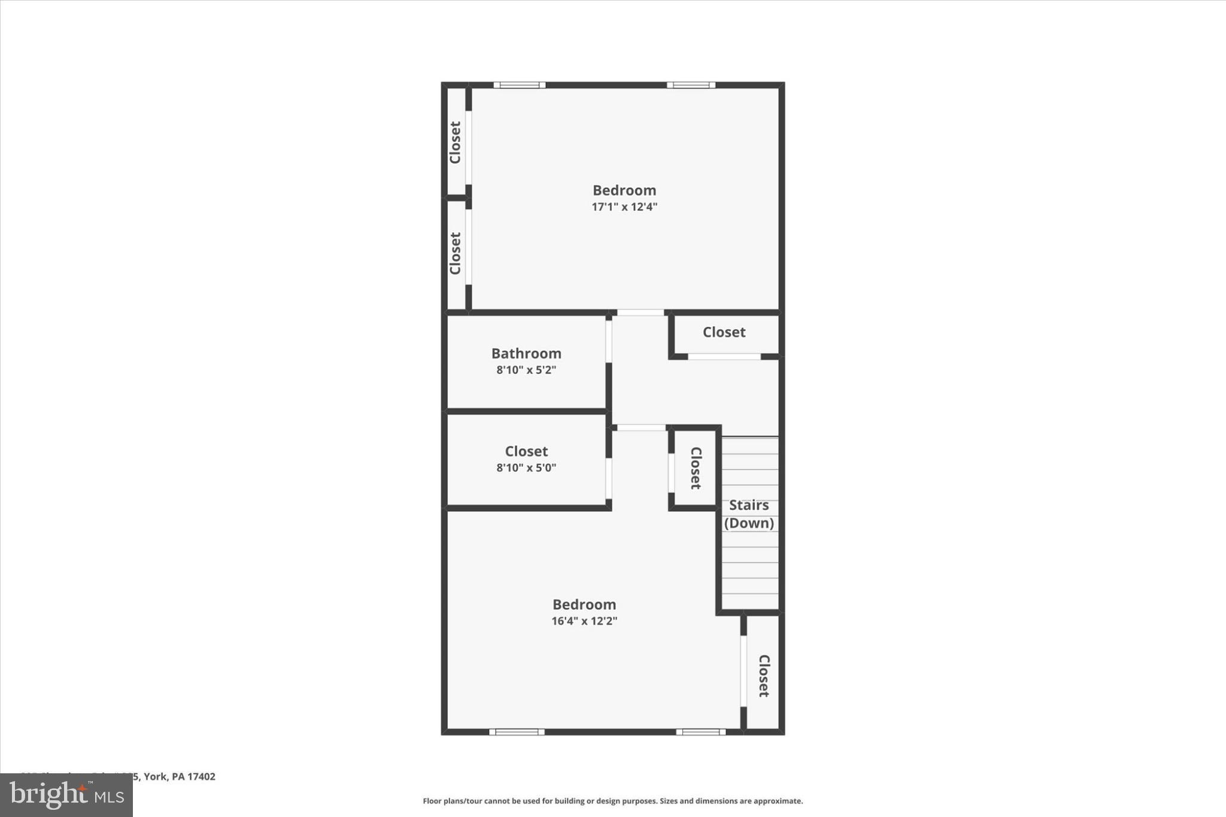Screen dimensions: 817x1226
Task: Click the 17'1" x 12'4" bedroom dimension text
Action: pyautogui.click(x=624, y=207)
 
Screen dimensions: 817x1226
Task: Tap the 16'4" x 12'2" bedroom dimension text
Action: pyautogui.click(x=584, y=621)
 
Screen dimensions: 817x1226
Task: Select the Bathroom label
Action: pyautogui.click(x=526, y=354)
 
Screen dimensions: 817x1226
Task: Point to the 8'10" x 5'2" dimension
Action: pyautogui.click(x=526, y=370)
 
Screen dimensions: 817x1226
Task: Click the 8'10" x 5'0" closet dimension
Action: pyautogui.click(x=526, y=468)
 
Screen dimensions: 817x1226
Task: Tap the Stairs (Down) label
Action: pyautogui.click(x=749, y=514)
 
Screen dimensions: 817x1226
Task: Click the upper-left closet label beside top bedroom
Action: pyautogui.click(x=455, y=142)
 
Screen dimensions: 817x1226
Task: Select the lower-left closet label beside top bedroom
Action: pyautogui.click(x=455, y=253)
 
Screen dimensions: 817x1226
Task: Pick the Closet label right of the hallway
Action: pyautogui.click(x=724, y=332)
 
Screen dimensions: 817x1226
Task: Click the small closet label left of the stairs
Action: pyautogui.click(x=696, y=468)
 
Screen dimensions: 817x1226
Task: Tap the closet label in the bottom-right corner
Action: pyautogui.click(x=764, y=676)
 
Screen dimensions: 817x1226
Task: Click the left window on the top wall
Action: pyautogui.click(x=519, y=85)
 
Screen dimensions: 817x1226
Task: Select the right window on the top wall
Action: pyautogui.click(x=691, y=85)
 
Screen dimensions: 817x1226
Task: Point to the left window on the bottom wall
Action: pyautogui.click(x=517, y=732)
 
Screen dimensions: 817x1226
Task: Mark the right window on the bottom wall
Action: pyautogui.click(x=701, y=732)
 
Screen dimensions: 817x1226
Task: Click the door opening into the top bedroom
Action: pyautogui.click(x=641, y=312)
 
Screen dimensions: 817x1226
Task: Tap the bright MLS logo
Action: pyautogui.click(x=66, y=795)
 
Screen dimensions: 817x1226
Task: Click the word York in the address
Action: pyautogui.click(x=155, y=777)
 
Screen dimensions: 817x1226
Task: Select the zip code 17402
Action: pyautogui.click(x=202, y=777)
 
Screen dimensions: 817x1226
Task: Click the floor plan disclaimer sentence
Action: pyautogui.click(x=612, y=801)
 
